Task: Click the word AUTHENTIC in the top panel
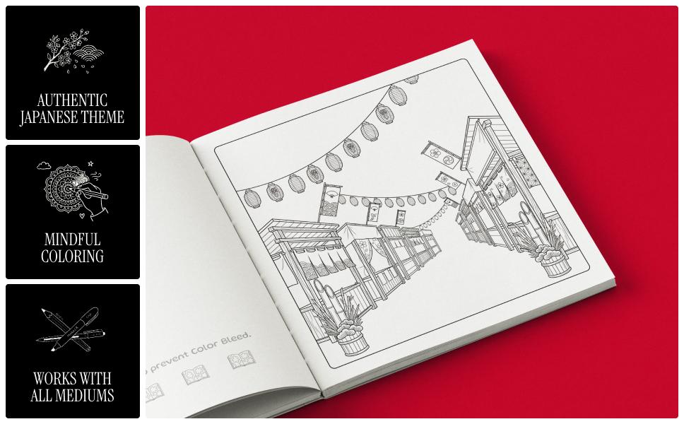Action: point(72,100)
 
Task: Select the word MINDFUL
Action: point(72,240)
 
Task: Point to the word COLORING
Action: point(72,257)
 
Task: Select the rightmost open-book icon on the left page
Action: point(240,362)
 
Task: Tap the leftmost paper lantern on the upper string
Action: point(252,197)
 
